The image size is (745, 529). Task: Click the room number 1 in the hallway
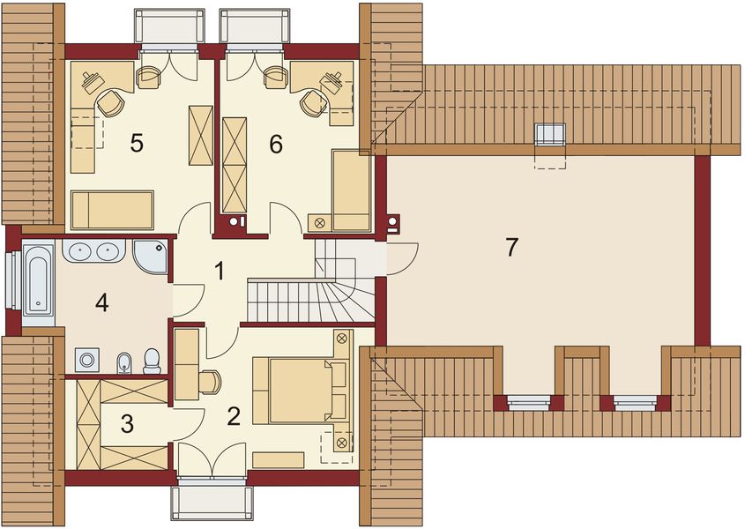(219, 271)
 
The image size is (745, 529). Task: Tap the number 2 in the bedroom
(234, 416)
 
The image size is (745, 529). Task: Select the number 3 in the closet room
(128, 425)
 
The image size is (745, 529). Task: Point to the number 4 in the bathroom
(102, 303)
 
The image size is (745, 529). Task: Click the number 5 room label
(137, 144)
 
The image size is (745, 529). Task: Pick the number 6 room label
(276, 145)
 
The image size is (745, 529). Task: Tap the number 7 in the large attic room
(511, 248)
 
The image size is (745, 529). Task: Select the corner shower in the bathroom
(151, 255)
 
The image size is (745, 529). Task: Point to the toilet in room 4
(152, 359)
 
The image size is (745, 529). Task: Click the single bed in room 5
(113, 208)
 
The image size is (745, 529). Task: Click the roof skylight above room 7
(551, 135)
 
